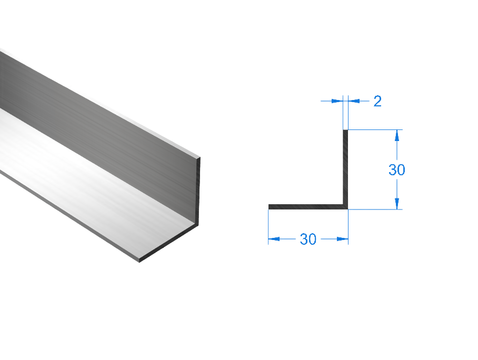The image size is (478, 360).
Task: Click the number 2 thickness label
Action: click(x=377, y=102)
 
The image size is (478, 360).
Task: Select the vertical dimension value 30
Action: click(x=396, y=170)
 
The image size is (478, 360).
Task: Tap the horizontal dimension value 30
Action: click(x=308, y=239)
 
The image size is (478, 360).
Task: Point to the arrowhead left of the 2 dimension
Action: click(x=337, y=101)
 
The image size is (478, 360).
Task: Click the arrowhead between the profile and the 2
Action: click(x=354, y=101)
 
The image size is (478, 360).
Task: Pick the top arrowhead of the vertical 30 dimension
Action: click(x=397, y=135)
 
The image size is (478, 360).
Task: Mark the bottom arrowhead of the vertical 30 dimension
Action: click(x=397, y=203)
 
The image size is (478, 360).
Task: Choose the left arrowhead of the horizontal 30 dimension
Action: click(x=274, y=239)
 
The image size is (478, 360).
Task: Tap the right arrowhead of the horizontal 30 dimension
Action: click(x=342, y=239)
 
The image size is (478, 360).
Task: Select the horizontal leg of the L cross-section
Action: click(x=305, y=207)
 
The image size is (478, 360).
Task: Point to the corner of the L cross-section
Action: click(x=346, y=207)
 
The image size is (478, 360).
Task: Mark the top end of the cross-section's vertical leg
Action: click(x=345, y=131)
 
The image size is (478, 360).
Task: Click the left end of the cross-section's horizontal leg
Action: click(x=270, y=207)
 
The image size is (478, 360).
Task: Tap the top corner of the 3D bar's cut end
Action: click(x=200, y=157)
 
